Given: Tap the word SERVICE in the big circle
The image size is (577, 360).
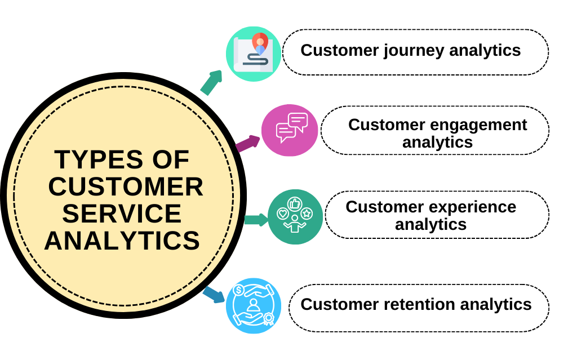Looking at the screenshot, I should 122,214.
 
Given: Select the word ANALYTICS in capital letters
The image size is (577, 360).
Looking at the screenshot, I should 122,241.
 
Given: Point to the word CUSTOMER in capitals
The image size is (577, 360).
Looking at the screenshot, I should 126,187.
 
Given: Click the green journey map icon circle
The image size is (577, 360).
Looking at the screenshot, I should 254,54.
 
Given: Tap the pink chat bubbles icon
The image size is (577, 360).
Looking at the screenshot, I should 290,130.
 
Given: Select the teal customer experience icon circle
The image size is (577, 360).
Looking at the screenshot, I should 295,217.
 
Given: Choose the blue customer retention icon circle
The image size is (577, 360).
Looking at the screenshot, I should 254,306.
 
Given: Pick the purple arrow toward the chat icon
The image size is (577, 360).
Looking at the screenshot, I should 247,144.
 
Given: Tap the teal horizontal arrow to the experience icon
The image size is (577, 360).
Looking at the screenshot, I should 256,219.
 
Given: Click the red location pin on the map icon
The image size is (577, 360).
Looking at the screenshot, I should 260,41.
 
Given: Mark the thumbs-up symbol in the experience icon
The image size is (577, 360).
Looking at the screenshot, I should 294,203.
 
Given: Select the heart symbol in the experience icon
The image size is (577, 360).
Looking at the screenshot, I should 282,214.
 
